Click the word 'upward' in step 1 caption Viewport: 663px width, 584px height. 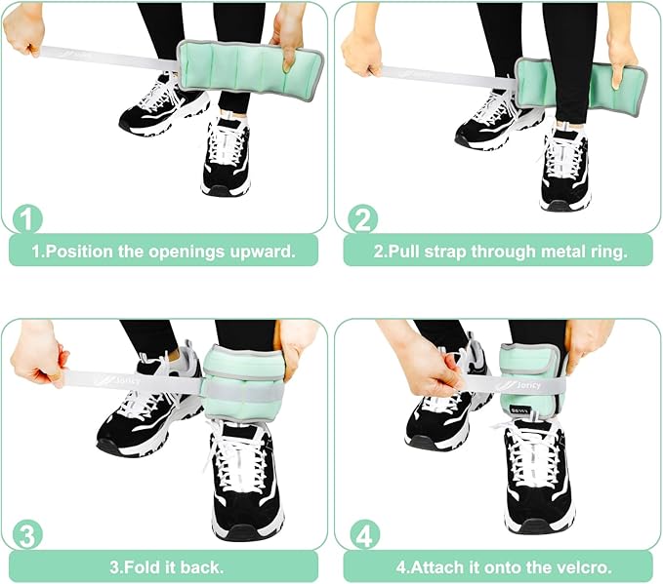[x=263, y=252]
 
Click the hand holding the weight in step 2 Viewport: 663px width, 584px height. [x=621, y=51]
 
